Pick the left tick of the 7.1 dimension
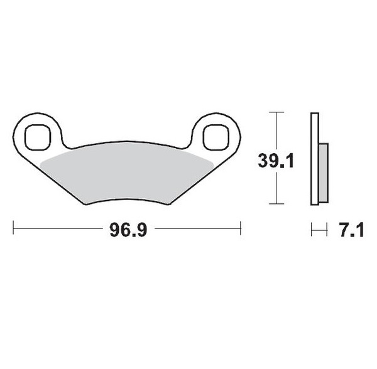[312, 230]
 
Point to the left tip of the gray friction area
[40, 163]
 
